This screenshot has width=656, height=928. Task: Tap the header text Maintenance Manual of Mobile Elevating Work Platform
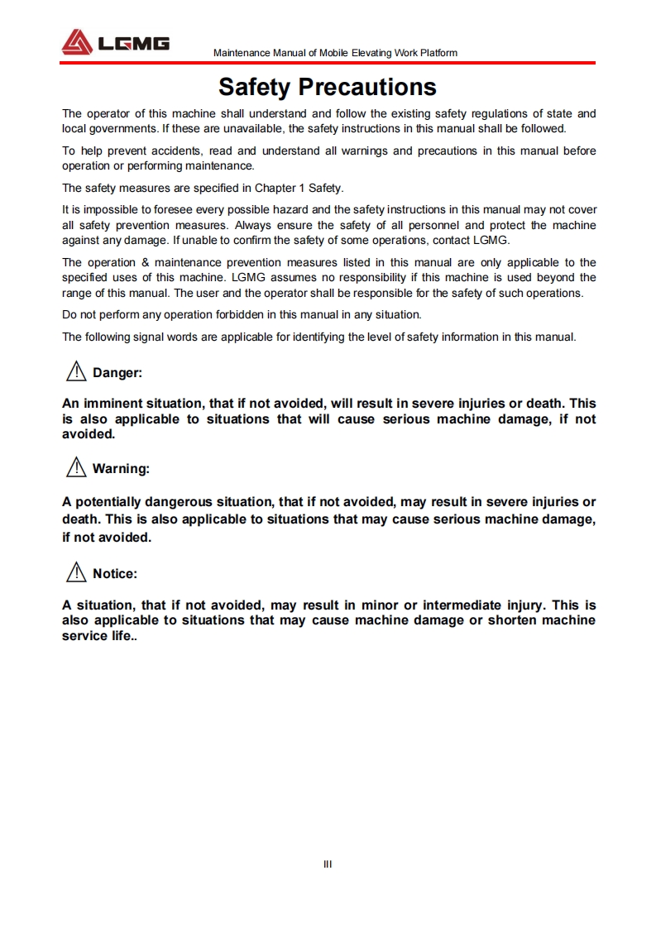point(335,53)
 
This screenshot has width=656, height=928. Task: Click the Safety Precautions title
point(327,87)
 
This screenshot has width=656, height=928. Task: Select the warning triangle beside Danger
point(76,372)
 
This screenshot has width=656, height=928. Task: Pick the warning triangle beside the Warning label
point(76,468)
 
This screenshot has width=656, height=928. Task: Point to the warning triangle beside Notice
point(76,572)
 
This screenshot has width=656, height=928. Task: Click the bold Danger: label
point(117,373)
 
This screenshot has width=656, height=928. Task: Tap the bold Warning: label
point(121,469)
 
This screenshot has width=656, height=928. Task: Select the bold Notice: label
point(115,573)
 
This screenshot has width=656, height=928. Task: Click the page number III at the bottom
point(328,864)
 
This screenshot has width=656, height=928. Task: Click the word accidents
point(176,151)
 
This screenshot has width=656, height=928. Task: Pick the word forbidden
point(225,314)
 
